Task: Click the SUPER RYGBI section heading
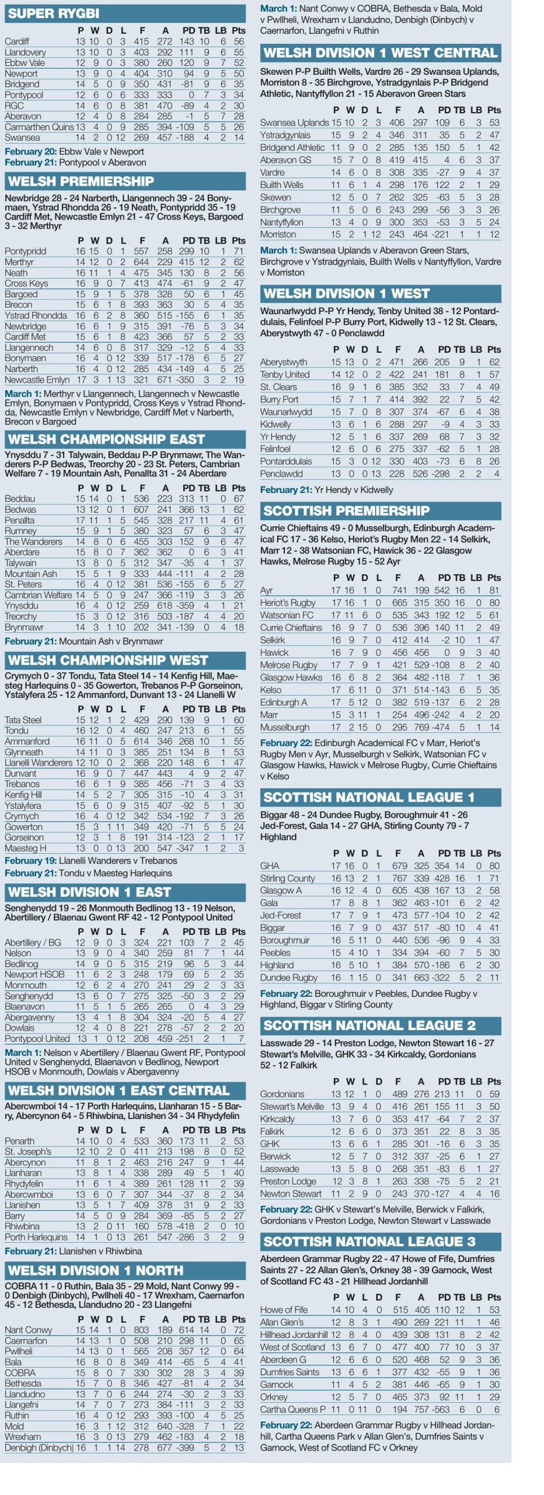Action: point(54,13)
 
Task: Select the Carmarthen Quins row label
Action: point(39,127)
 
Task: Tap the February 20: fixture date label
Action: point(30,151)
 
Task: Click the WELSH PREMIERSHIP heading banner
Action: point(81,181)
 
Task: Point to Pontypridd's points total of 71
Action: point(238,251)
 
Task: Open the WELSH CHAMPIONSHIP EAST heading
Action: point(106,439)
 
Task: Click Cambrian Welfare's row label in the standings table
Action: point(37,595)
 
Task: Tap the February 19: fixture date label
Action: point(30,861)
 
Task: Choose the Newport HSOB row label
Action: point(34,974)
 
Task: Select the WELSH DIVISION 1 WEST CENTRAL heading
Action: point(380,53)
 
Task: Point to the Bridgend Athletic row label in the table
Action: point(292,148)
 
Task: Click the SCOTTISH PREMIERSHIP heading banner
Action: point(346,510)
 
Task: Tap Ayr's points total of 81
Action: point(494,590)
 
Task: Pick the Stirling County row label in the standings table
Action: point(288,878)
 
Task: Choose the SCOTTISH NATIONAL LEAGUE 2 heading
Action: point(369,1025)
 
